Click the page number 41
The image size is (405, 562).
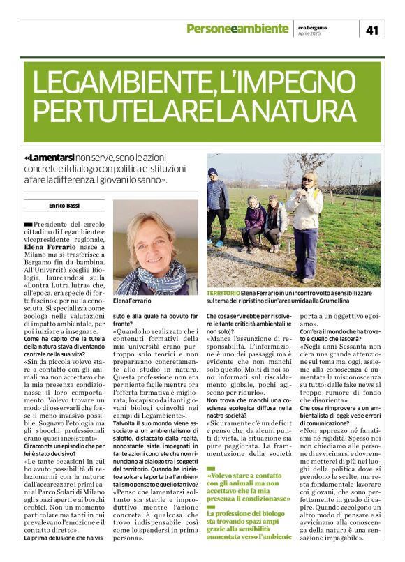coord(371,29)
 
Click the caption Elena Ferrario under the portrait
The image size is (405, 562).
coord(131,301)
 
